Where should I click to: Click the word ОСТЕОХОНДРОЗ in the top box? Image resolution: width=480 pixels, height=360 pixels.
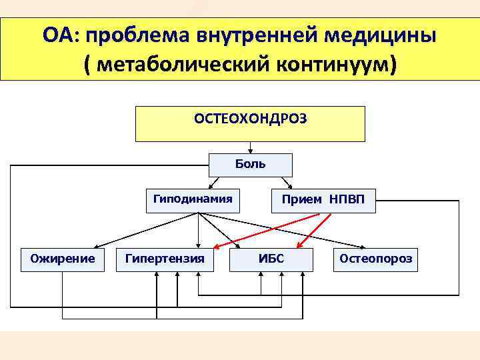250,118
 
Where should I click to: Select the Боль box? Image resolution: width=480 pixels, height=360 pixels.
250,164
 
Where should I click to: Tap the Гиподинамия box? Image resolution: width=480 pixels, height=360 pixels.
193,199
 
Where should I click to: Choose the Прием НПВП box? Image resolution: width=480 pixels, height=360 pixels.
323,199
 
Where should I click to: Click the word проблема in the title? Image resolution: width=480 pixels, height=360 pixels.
137,35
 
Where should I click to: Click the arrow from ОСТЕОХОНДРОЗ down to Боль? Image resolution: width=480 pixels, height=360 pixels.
250,148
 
